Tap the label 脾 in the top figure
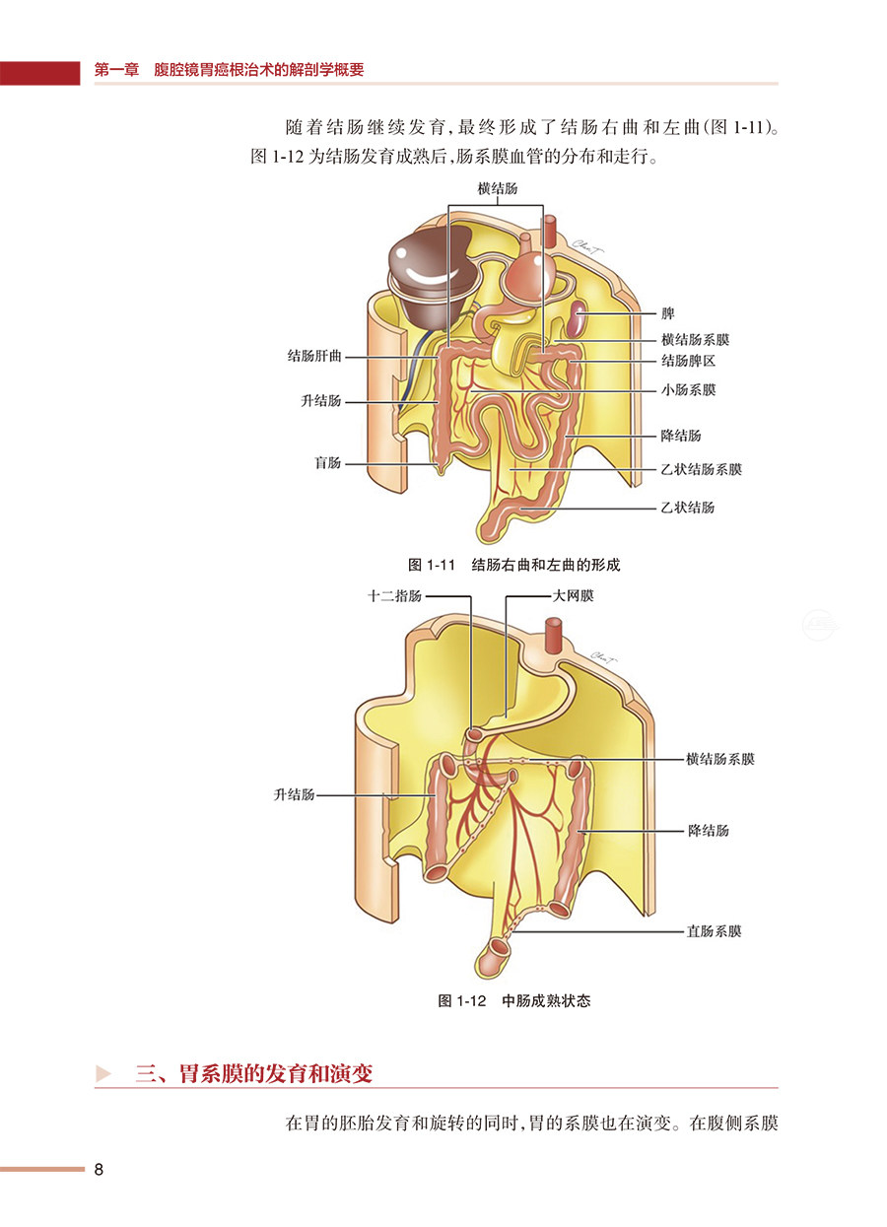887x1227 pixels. pos(667,313)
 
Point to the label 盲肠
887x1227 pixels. pos(327,462)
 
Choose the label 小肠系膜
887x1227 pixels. pos(687,390)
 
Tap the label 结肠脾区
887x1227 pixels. pos(687,362)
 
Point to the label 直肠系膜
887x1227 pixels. pos(714,930)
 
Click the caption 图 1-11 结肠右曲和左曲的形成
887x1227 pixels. pos(513,565)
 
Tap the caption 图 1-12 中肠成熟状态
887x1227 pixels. pos(513,1001)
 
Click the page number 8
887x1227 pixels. pos(99,1170)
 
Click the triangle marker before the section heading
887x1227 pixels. pos(102,1073)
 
